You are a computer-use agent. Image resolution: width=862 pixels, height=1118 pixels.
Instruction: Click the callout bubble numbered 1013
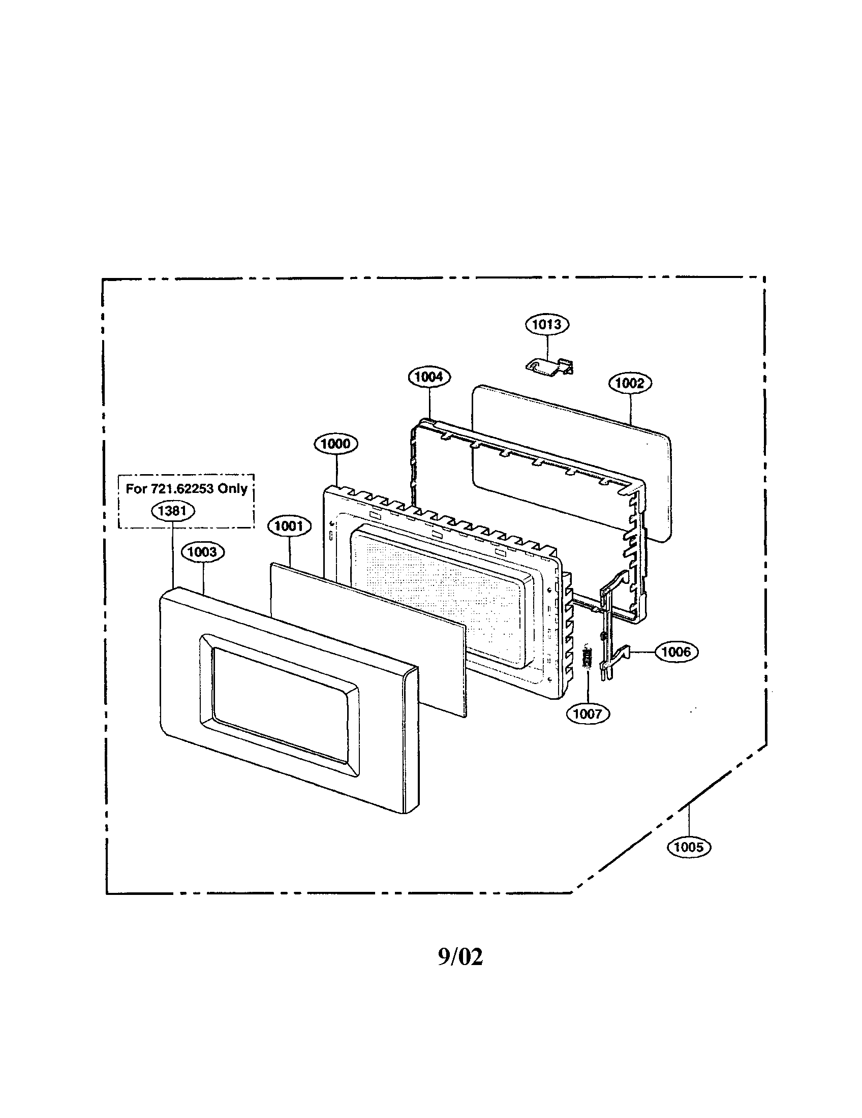[547, 324]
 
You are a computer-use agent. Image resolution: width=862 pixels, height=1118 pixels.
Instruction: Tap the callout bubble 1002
[630, 383]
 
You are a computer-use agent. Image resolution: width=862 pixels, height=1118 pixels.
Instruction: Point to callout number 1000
[336, 443]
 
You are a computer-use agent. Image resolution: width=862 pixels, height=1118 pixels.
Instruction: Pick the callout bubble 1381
[173, 510]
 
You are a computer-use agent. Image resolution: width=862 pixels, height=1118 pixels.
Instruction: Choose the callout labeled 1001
[289, 526]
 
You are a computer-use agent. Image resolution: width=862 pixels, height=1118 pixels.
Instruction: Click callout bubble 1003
[203, 552]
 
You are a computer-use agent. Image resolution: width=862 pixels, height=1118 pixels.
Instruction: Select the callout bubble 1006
[676, 651]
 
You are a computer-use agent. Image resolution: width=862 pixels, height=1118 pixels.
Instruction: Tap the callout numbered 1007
[588, 713]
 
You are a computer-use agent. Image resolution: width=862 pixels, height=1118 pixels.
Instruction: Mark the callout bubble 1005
[689, 847]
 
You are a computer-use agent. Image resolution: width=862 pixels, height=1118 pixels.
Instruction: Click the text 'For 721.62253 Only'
[187, 488]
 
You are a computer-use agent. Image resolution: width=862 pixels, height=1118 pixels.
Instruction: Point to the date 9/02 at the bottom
[460, 956]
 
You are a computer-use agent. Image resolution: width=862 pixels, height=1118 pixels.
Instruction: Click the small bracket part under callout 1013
[549, 366]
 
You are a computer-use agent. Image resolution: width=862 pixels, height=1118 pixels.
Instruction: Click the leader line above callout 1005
[689, 821]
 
